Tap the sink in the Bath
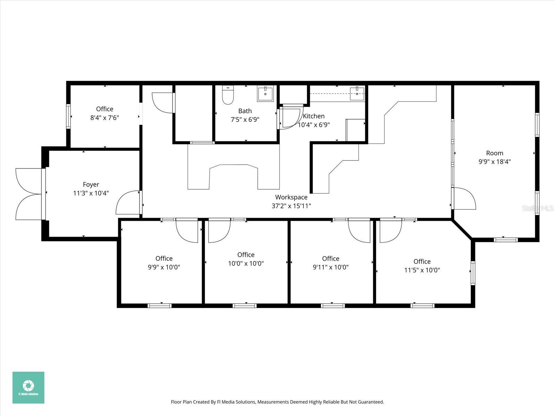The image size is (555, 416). coord(265,93)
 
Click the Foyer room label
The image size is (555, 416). coord(91,185)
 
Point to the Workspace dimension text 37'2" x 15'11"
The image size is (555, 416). coord(291,206)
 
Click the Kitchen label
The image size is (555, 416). coord(314,116)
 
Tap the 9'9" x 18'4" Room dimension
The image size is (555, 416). coord(494,162)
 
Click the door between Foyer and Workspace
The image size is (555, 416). coord(128,203)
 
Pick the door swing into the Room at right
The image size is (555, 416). coord(464,199)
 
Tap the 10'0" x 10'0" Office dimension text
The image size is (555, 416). coord(246,263)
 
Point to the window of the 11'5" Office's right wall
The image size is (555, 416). coord(473,273)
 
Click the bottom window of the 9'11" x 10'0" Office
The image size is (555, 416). coord(333,305)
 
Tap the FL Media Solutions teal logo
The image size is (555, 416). coord(28,388)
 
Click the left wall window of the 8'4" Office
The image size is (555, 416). coord(69,116)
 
